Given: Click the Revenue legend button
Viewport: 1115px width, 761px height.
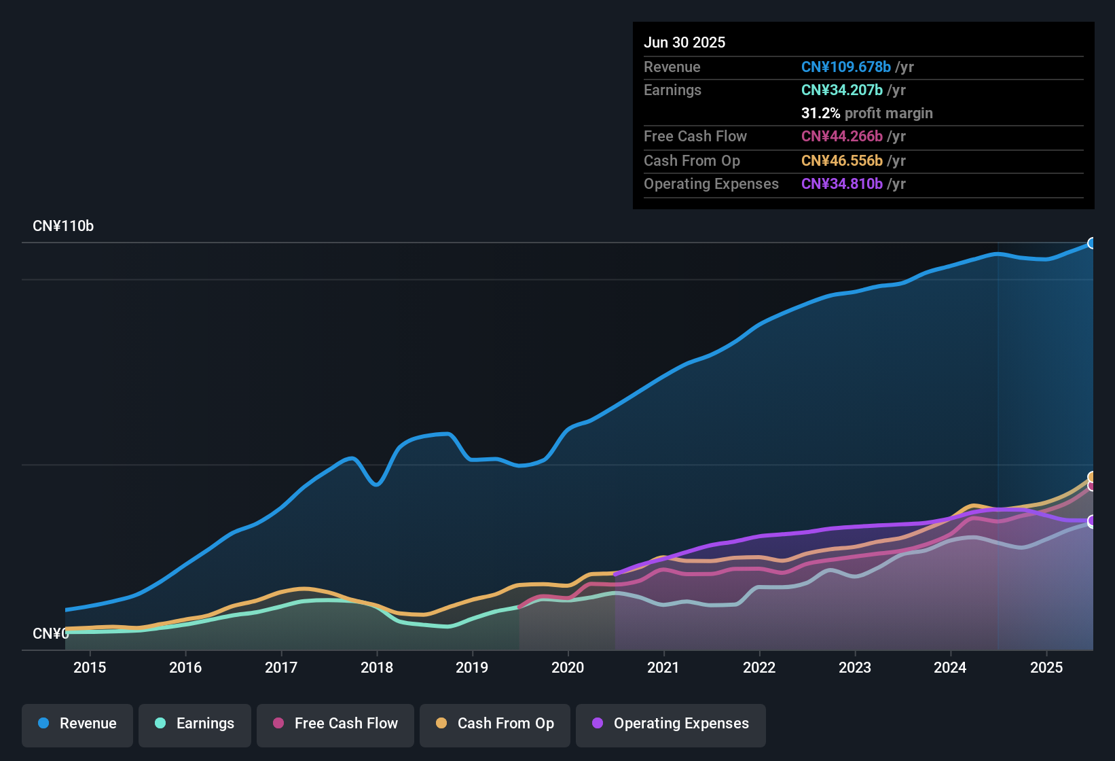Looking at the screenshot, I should pyautogui.click(x=77, y=724).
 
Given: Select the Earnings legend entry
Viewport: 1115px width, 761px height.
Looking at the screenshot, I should pyautogui.click(x=195, y=724).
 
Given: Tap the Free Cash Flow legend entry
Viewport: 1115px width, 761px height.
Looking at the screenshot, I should pyautogui.click(x=335, y=724).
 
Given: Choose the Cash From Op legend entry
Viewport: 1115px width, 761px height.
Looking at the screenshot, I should pyautogui.click(x=495, y=724).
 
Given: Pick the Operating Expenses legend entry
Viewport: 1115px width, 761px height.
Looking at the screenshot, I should pyautogui.click(x=671, y=724).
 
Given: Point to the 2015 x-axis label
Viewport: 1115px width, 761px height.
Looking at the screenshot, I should pyautogui.click(x=90, y=667).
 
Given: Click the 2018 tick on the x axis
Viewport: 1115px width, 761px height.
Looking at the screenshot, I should pyautogui.click(x=377, y=667).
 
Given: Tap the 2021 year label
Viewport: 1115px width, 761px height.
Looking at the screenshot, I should pyautogui.click(x=663, y=667).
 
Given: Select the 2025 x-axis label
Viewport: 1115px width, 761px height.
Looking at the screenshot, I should pyautogui.click(x=1046, y=667).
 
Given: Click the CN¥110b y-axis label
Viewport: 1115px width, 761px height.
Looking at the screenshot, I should pyautogui.click(x=63, y=226).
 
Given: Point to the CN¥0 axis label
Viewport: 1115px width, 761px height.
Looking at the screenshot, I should pyautogui.click(x=50, y=633).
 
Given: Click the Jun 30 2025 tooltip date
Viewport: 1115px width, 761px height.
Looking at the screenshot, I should pyautogui.click(x=684, y=42).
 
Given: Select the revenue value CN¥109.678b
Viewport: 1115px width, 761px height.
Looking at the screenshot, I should pyautogui.click(x=845, y=67).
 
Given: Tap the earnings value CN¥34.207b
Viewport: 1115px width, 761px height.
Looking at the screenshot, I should pyautogui.click(x=841, y=90).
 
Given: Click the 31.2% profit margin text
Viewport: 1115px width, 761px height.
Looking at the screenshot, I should pyautogui.click(x=866, y=113).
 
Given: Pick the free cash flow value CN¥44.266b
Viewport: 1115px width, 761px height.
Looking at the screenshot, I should pyautogui.click(x=841, y=136).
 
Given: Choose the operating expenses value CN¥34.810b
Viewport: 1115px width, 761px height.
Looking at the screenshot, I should pyautogui.click(x=841, y=183).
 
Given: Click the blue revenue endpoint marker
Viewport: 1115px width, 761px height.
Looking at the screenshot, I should pyautogui.click(x=1092, y=243).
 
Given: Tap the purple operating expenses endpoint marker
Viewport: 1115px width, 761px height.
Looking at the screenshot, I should pyautogui.click(x=1092, y=521).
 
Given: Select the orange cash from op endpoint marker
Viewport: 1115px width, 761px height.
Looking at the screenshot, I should pyautogui.click(x=1092, y=477).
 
